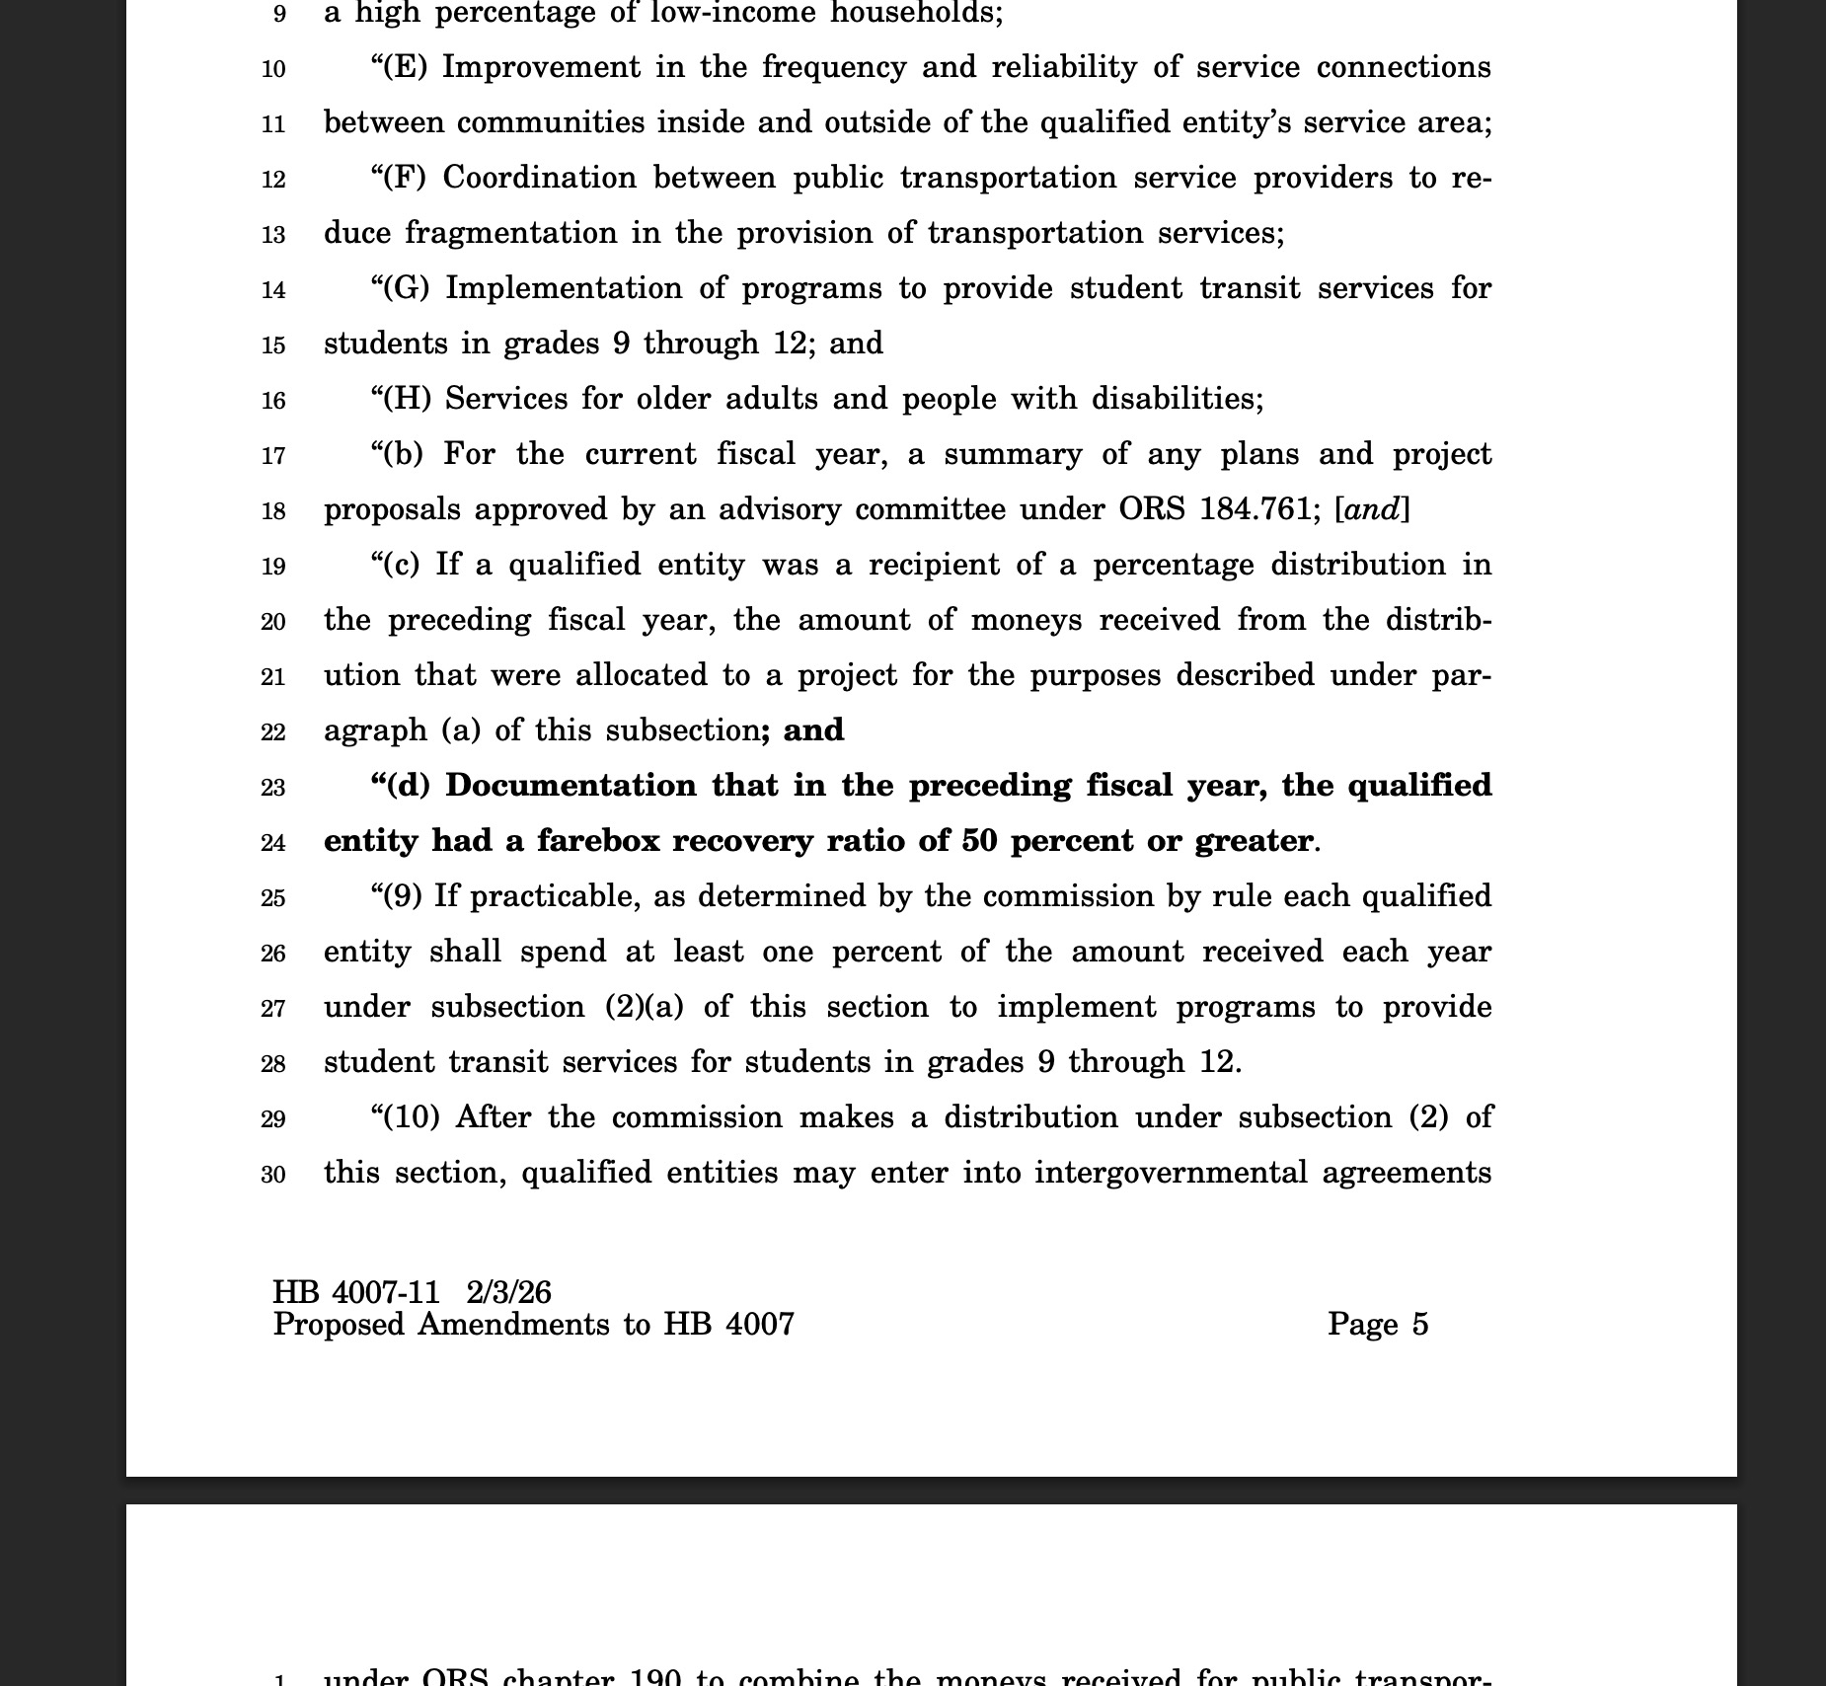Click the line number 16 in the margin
273,401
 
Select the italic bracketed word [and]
1372,509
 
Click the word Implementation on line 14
564,288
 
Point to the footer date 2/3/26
509,1292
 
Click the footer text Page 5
1378,1324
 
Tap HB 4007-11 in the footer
356,1292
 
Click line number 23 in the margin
273,788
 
